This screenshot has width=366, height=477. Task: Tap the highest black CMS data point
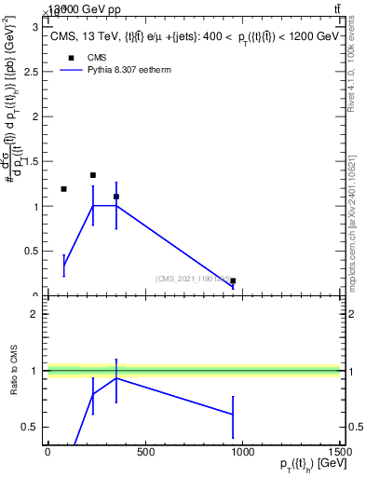click(x=93, y=175)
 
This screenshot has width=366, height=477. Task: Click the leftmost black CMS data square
click(x=63, y=189)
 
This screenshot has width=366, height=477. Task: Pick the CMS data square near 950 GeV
click(x=233, y=280)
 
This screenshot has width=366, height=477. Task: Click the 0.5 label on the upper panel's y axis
click(x=31, y=252)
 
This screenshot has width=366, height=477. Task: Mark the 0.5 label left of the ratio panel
click(x=31, y=427)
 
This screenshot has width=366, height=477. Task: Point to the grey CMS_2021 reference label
click(x=195, y=278)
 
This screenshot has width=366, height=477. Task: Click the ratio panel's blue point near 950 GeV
click(x=233, y=414)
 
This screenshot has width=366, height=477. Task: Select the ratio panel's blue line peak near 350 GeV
click(x=115, y=378)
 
